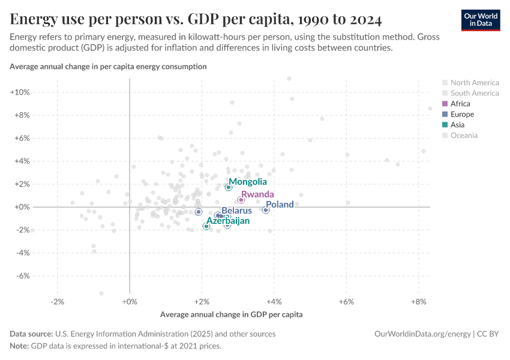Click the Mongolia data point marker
pyautogui.click(x=229, y=187)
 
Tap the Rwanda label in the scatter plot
pyautogui.click(x=257, y=194)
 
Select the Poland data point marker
pyautogui.click(x=266, y=210)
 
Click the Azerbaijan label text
pyautogui.click(x=228, y=221)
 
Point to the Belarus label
pyautogui.click(x=236, y=211)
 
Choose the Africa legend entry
pyautogui.click(x=460, y=104)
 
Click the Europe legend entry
pyautogui.click(x=462, y=114)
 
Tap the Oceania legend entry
pyautogui.click(x=464, y=136)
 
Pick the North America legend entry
pyautogui.click(x=474, y=83)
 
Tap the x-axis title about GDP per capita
pyautogui.click(x=232, y=314)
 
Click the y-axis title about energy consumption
pyautogui.click(x=108, y=67)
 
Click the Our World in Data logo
pyautogui.click(x=481, y=19)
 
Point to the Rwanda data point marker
pyautogui.click(x=241, y=200)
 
